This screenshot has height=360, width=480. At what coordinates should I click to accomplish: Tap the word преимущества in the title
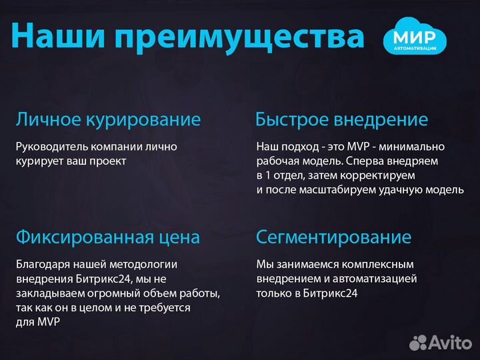tap(239, 37)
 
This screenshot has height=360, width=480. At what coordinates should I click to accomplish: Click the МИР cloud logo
tap(415, 37)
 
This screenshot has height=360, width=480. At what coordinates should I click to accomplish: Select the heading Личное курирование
tap(108, 120)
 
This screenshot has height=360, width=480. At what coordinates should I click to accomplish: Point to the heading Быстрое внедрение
tap(341, 120)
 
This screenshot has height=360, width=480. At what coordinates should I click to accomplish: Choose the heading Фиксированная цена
tap(108, 237)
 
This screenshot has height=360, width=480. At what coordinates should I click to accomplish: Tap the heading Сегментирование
tap(333, 237)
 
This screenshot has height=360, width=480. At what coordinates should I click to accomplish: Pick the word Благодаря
tap(40, 264)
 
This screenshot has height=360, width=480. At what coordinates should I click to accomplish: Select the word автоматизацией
tap(379, 278)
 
